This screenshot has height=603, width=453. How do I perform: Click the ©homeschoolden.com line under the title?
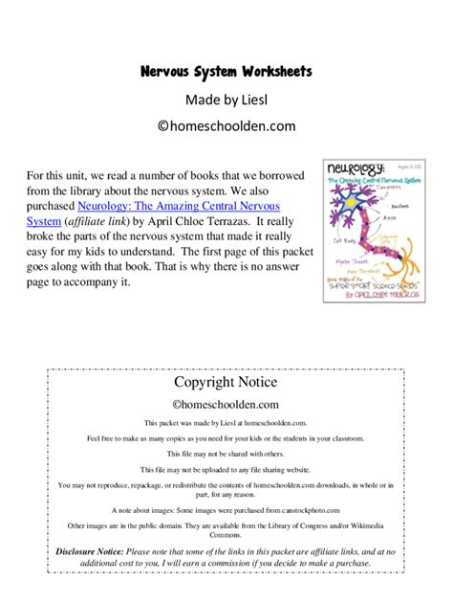(226, 125)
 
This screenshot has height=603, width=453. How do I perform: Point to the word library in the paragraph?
(107, 190)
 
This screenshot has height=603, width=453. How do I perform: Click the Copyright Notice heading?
(226, 383)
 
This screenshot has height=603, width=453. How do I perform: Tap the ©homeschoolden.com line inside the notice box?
(226, 405)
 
